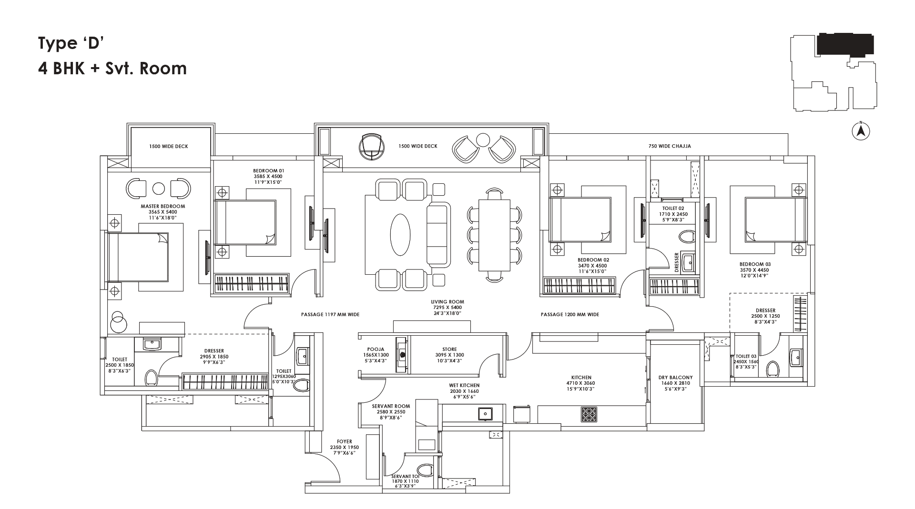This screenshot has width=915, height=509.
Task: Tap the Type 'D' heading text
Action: pos(71,43)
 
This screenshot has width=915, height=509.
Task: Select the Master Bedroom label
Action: pos(163,206)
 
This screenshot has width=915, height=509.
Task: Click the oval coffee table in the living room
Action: pos(400,234)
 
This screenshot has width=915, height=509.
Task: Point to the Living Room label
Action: pos(447,302)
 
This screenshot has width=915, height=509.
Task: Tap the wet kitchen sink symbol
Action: pos(486,414)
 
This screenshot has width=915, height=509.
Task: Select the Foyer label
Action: pos(344,442)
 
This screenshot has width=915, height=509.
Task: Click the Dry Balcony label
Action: pos(676,378)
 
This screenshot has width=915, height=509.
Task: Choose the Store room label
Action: pos(449,349)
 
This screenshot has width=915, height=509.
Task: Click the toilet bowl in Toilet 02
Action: pos(686,237)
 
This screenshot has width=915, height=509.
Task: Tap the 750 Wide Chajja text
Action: pos(669,146)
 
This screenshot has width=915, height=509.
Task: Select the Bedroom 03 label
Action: pos(754,264)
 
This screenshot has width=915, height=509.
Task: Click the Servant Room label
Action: pos(391,407)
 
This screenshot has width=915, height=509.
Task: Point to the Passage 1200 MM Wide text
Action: pos(569,315)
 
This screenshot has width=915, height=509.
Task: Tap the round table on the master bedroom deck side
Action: pos(158,189)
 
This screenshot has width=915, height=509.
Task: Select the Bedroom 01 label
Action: pos(268,170)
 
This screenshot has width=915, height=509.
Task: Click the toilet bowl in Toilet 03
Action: pos(773,369)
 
